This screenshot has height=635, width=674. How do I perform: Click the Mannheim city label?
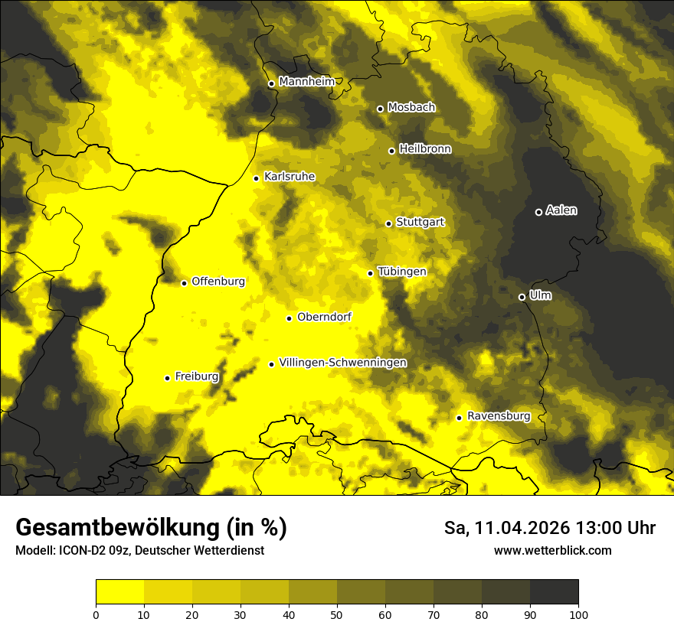[306, 82]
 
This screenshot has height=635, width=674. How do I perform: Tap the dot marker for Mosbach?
[380, 109]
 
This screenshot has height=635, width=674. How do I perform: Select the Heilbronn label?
[425, 149]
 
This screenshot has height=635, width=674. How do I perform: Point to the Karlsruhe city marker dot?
[257, 178]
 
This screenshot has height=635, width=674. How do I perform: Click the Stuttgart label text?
[420, 223]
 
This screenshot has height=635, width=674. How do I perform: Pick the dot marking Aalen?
[538, 212]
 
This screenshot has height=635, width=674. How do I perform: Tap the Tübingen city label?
[402, 272]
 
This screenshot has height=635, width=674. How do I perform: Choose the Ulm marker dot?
[522, 297]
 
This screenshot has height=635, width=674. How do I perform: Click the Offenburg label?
[218, 282]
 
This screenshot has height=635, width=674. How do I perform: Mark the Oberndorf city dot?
[289, 318]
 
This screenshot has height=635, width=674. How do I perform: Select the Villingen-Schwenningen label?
[342, 363]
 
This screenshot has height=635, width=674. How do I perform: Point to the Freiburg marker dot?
[167, 378]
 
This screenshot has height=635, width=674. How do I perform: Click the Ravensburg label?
[499, 416]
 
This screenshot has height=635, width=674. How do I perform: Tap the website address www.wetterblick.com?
[552, 551]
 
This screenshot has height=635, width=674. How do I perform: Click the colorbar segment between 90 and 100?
[554, 591]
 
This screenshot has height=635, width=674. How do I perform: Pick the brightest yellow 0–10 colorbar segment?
[119, 591]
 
